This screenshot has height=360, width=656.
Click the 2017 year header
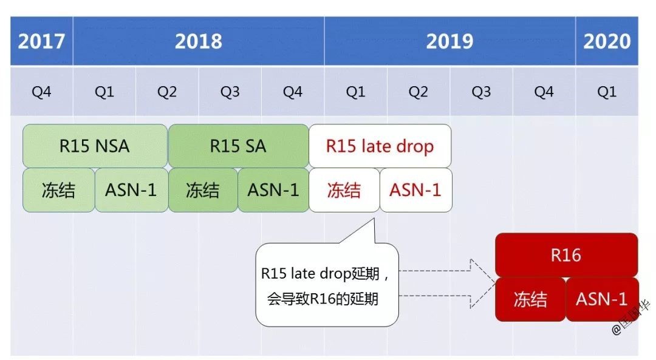tap(41, 41)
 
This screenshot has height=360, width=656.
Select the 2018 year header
tap(198, 41)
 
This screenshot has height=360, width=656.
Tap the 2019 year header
tap(449, 41)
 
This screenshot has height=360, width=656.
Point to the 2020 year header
tap(607, 41)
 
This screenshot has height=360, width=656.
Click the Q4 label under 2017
tap(41, 92)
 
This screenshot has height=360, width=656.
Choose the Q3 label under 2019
tap(481, 92)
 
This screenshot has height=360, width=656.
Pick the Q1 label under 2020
tap(607, 92)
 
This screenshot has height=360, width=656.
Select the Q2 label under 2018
tap(167, 92)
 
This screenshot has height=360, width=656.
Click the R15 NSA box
tap(95, 146)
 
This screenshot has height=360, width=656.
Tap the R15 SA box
tap(239, 146)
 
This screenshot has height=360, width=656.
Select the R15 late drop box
tap(380, 146)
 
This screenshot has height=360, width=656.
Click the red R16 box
tap(567, 255)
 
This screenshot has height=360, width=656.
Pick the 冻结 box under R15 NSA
tap(58, 190)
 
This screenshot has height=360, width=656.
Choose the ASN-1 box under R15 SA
tap(273, 190)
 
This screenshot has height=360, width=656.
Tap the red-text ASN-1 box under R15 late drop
tap(416, 190)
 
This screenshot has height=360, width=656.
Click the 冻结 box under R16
tap(530, 299)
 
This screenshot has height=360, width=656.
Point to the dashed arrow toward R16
tap(448, 284)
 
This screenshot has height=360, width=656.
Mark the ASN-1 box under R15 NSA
tap(131, 190)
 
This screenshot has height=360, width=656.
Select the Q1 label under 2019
tap(355, 92)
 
